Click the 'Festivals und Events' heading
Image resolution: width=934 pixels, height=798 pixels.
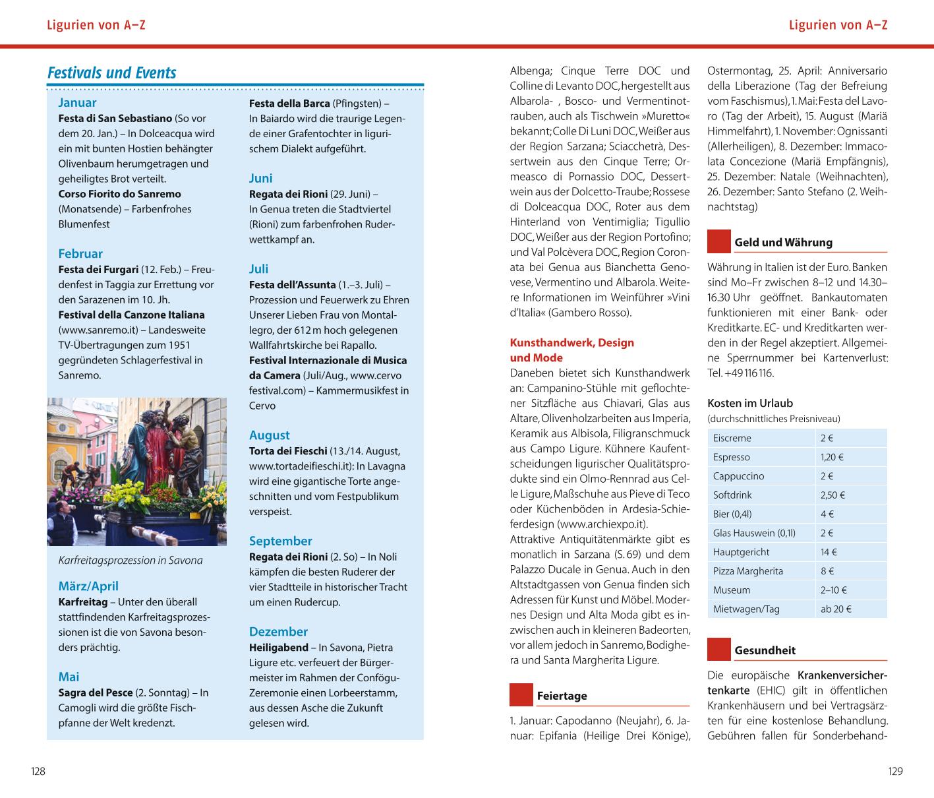coord(112,73)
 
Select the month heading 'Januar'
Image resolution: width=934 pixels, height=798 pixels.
coord(77,102)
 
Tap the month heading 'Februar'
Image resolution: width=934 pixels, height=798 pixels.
coord(80,253)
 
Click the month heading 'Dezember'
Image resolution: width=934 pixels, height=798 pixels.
coord(278,632)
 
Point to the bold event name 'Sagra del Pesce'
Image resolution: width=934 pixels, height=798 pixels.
coord(96,692)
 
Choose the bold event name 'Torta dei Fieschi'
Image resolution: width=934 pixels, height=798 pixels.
coord(288,451)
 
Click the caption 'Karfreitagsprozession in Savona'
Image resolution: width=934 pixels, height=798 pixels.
coord(131,561)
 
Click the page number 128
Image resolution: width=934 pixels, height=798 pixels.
coord(38,771)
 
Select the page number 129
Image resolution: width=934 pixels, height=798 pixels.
coord(895,771)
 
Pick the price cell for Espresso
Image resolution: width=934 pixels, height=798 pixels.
coord(832,457)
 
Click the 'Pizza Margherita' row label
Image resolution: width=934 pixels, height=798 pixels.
coord(748,571)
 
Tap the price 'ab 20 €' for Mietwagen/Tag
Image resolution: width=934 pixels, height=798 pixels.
coord(836,609)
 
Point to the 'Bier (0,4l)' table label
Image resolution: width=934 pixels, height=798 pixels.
coord(732,514)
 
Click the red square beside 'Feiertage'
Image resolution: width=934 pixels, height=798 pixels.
coord(521,695)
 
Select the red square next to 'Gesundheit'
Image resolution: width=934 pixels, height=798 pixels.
coord(718,650)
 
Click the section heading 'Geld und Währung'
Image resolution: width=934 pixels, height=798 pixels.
coord(783,243)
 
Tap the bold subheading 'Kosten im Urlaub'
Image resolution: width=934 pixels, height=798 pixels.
coord(750,403)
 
